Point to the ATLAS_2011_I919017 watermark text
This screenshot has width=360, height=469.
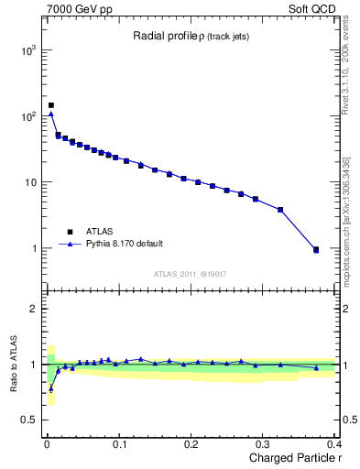(x=190, y=273)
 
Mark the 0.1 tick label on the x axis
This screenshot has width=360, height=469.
(x=119, y=444)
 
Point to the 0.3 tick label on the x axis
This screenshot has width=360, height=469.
(x=263, y=444)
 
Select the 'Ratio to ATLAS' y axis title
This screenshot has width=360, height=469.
(x=12, y=365)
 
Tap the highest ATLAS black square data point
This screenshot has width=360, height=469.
(x=51, y=105)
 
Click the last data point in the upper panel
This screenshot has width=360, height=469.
(x=316, y=249)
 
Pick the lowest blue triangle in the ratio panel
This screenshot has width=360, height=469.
(x=51, y=388)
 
